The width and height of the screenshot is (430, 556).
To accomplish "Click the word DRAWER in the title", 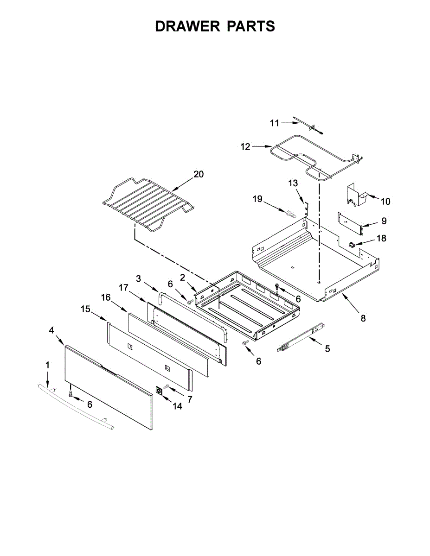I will click(x=187, y=26).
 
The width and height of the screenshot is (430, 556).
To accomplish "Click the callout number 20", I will click(x=199, y=174).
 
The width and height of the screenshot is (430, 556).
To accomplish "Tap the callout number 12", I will click(x=245, y=147).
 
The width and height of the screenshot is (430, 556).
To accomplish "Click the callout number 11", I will click(x=275, y=123).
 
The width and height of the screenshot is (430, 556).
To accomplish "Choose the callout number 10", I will click(x=385, y=201).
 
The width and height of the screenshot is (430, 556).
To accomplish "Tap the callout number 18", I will click(x=381, y=238).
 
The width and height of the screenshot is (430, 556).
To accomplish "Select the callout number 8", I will click(x=363, y=318).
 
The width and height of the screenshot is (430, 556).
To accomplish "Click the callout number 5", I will click(x=327, y=349).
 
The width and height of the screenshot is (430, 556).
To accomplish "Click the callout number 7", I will click(x=190, y=398).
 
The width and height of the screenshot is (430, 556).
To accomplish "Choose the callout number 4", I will click(x=51, y=330).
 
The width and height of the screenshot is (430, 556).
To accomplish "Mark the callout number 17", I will click(x=123, y=288).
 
